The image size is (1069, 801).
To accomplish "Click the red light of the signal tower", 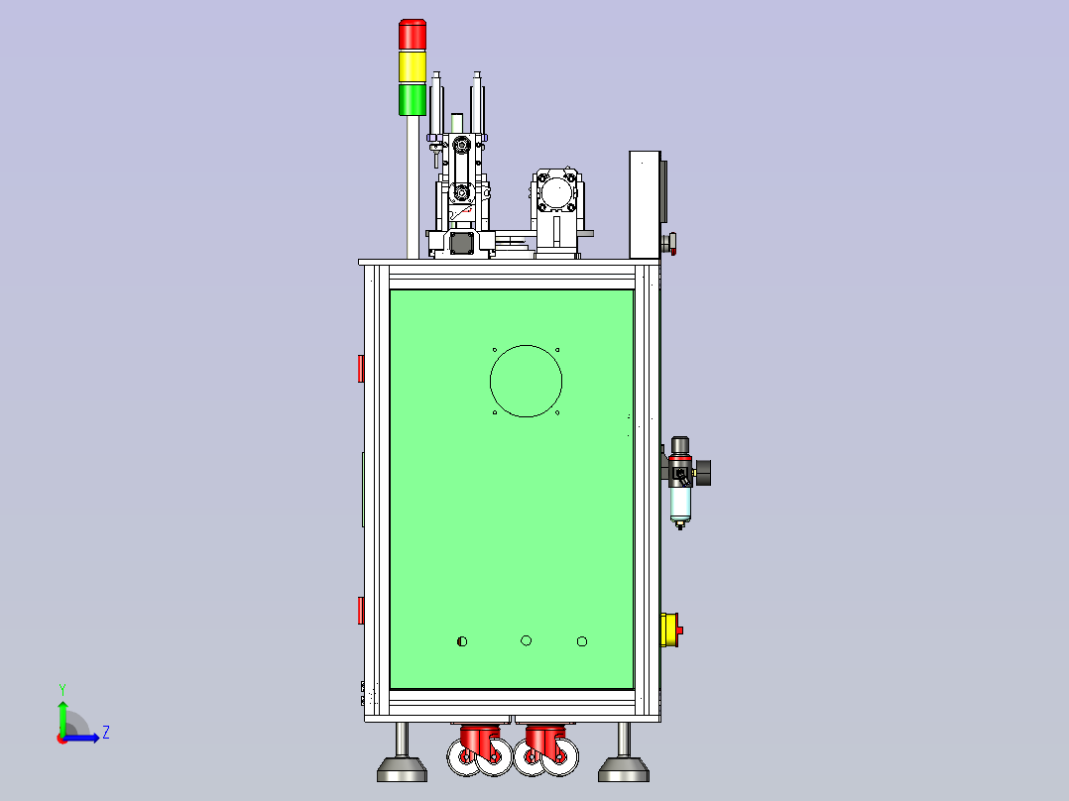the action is [413, 34].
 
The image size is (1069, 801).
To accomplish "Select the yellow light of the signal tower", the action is [413, 66].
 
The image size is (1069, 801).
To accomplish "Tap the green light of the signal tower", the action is [413, 99].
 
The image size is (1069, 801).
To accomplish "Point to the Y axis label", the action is [62, 689].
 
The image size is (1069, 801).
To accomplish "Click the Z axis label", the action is [106, 733].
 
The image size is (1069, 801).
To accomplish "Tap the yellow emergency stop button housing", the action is [668, 629].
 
